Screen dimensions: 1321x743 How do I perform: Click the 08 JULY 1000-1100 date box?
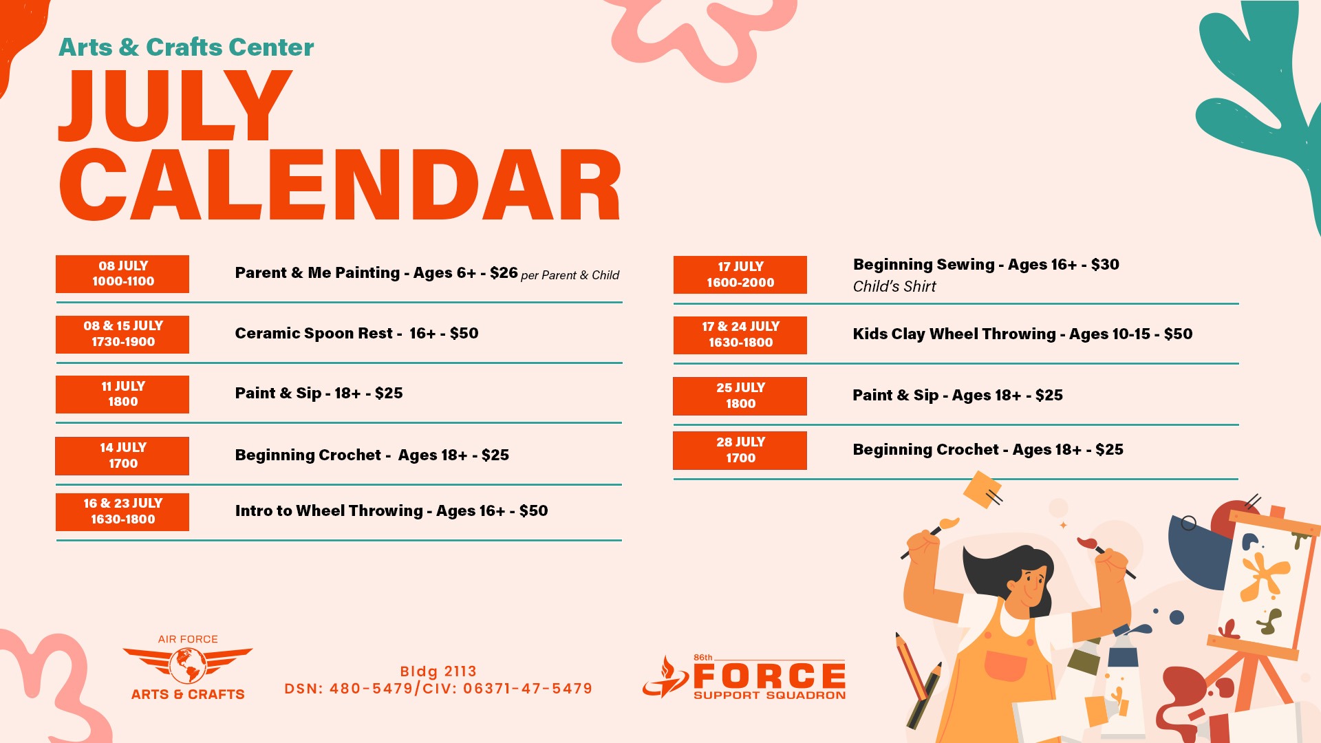(x=122, y=274)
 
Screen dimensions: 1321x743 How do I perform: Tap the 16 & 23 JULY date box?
(x=122, y=511)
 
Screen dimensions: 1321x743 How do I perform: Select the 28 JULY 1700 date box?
(x=740, y=450)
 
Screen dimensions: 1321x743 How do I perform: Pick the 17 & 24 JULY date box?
(x=740, y=334)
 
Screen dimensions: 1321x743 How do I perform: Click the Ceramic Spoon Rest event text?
(x=356, y=333)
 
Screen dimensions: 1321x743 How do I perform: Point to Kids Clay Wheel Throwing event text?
(x=1022, y=334)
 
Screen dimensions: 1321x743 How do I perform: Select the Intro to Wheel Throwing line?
(x=391, y=510)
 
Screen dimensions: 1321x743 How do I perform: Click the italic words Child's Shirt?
(x=894, y=286)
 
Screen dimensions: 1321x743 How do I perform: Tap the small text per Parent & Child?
(x=570, y=275)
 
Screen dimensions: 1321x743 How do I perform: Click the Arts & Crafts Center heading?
(x=186, y=47)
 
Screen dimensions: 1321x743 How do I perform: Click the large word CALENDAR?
(x=341, y=185)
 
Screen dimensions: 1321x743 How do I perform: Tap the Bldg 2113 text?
(x=438, y=671)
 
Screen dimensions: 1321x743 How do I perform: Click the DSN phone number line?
(x=438, y=688)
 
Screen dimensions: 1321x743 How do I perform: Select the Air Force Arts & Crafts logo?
(x=188, y=667)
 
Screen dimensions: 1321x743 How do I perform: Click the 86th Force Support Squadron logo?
(x=744, y=677)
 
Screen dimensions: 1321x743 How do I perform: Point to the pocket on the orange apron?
(x=1006, y=665)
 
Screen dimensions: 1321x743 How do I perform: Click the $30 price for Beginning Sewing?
(x=1105, y=264)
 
